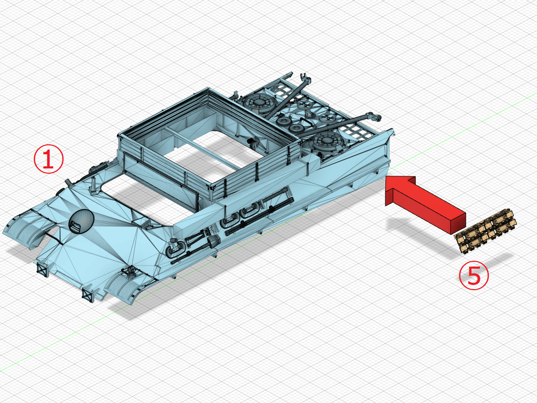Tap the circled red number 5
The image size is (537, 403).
(x=474, y=275)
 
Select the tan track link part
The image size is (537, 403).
(x=485, y=231)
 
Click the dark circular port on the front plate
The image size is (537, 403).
(x=81, y=221)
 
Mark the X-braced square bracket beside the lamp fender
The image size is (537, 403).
(x=88, y=294)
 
